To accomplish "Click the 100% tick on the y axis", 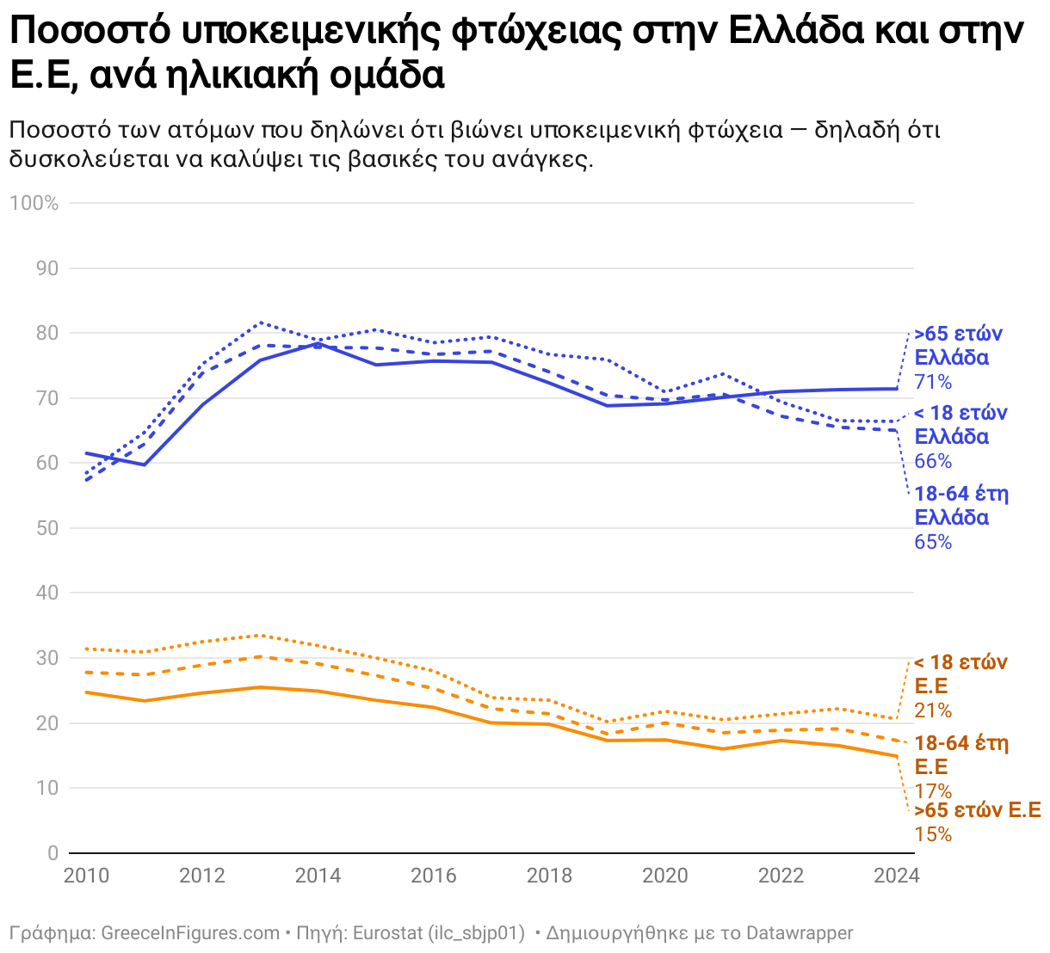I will (34, 203).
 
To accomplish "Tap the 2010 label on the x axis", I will (86, 876).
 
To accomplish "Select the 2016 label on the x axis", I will (434, 876).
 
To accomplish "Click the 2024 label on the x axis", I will (896, 876).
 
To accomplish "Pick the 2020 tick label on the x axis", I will (665, 876).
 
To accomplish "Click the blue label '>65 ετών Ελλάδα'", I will (958, 346).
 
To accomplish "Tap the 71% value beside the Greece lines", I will (933, 382).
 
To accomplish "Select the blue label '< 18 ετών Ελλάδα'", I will (960, 425).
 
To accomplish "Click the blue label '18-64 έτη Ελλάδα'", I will (960, 506).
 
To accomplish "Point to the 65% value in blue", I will (933, 542).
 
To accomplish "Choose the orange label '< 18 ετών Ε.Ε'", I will (960, 674).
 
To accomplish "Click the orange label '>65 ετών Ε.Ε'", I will (977, 810).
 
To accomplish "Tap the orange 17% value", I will (933, 791).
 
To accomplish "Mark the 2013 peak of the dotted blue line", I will (261, 323).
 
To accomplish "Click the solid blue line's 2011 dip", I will (145, 464).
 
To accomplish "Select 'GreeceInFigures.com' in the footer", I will (190, 933).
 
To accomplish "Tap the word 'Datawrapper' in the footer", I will (800, 933).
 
